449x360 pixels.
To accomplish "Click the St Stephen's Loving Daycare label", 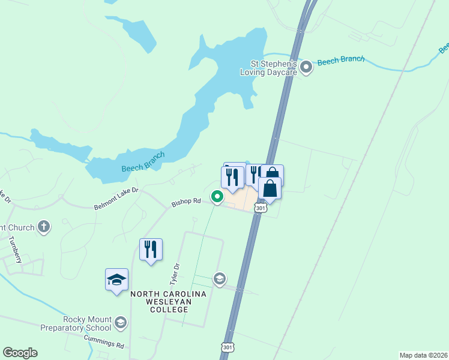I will tap(273, 67).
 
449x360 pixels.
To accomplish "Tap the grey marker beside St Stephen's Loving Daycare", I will tap(307, 67).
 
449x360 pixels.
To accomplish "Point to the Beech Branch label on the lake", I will tap(143, 161).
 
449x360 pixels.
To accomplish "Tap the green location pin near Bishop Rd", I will tap(217, 196).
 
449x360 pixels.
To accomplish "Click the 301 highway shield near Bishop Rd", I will tap(260, 208).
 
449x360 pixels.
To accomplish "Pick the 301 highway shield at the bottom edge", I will tap(228, 347).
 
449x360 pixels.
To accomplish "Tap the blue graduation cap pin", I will tap(116, 280).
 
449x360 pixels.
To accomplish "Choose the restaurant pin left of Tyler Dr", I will tap(151, 250).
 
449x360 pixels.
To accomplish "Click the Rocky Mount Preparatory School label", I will tap(76, 323).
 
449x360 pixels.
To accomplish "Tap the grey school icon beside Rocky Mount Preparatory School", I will tap(121, 323).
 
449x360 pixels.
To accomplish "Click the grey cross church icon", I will tap(43, 227).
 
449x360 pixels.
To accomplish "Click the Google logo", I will tap(20, 353).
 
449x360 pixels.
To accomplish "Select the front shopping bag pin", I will tap(270, 188).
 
